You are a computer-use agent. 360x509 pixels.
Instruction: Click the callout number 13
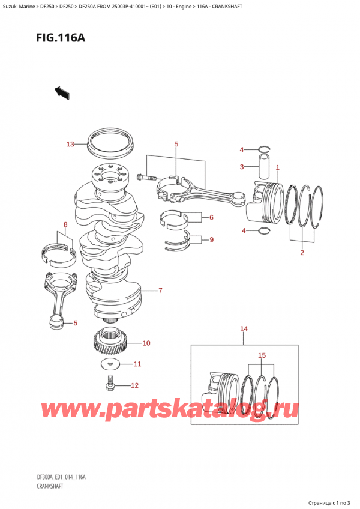click(x=70, y=144)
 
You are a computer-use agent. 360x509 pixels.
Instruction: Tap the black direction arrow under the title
click(x=62, y=93)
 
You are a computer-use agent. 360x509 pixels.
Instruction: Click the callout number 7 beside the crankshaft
click(x=160, y=291)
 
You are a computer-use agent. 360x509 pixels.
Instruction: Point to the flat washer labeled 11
click(x=110, y=365)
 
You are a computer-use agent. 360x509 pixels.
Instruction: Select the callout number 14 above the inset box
click(x=244, y=329)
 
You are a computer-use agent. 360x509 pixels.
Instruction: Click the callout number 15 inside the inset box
click(x=262, y=355)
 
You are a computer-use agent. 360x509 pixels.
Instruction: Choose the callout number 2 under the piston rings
click(x=302, y=253)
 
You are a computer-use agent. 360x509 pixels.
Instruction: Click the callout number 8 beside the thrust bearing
click(x=65, y=224)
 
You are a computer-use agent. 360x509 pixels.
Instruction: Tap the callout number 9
click(x=211, y=240)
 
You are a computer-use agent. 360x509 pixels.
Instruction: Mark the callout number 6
click(x=211, y=217)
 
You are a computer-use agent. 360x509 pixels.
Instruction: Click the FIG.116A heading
click(x=61, y=38)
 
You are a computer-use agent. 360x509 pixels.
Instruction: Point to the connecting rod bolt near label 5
click(x=147, y=178)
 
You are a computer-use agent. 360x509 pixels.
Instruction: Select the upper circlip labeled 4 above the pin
click(x=264, y=149)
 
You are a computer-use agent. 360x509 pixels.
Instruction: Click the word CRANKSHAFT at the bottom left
click(x=50, y=486)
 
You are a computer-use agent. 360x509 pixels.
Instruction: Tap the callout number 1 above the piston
click(x=278, y=167)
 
